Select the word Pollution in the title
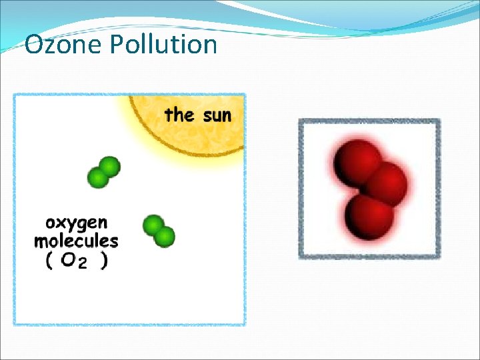click(163, 45)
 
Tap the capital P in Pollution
click(117, 45)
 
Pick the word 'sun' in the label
click(217, 116)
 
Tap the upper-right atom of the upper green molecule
click(110, 166)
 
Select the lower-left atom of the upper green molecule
click(98, 177)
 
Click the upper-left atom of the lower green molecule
click(153, 225)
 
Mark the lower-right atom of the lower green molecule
click(165, 236)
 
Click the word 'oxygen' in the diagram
click(76, 223)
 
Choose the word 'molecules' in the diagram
click(76, 241)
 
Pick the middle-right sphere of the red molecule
click(385, 184)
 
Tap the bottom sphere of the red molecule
click(369, 217)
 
